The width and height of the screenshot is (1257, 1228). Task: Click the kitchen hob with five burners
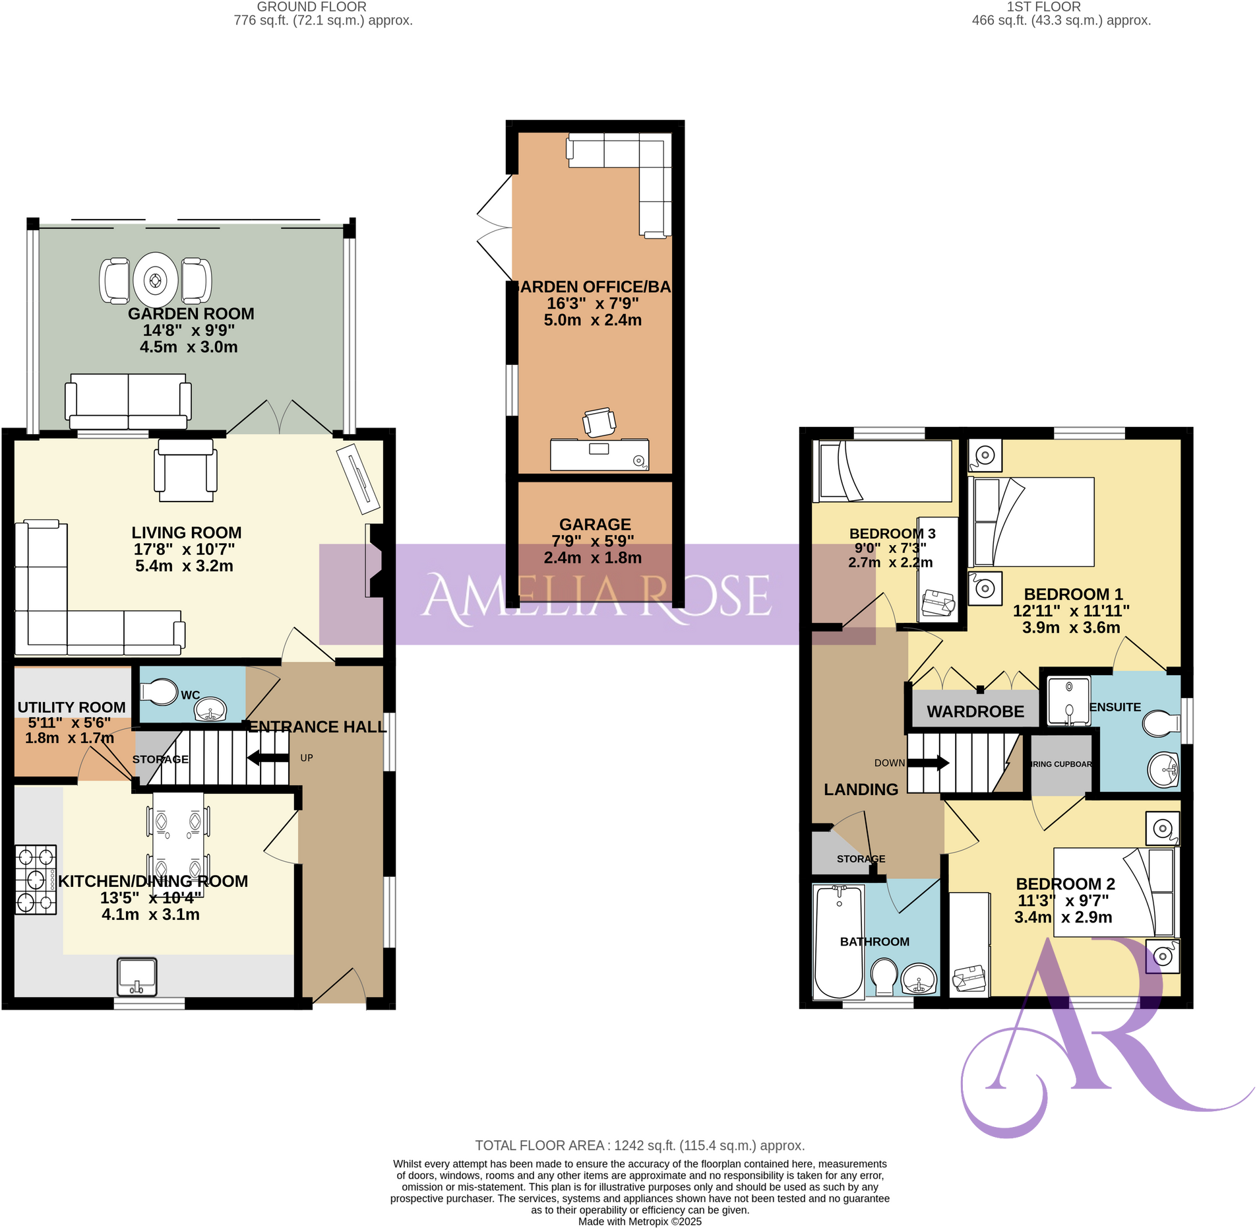click(35, 880)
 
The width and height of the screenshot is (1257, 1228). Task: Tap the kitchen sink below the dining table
click(137, 977)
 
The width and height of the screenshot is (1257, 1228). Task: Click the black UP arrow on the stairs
click(268, 758)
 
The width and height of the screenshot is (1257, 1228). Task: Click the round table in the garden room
click(156, 280)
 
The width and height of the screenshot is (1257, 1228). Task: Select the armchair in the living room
click(185, 471)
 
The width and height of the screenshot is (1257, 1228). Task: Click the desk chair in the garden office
click(599, 422)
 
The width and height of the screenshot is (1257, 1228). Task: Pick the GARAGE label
click(595, 524)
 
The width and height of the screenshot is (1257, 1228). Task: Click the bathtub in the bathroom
click(839, 942)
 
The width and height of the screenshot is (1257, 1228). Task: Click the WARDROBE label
click(975, 711)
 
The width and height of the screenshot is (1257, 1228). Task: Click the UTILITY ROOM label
click(71, 707)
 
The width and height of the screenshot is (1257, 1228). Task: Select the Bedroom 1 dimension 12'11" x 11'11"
click(1070, 611)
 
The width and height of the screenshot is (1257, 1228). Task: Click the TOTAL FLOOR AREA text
click(639, 1146)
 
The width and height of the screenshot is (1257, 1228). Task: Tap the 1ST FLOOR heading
click(1043, 7)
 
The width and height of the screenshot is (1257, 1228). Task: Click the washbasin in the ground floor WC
click(210, 710)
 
